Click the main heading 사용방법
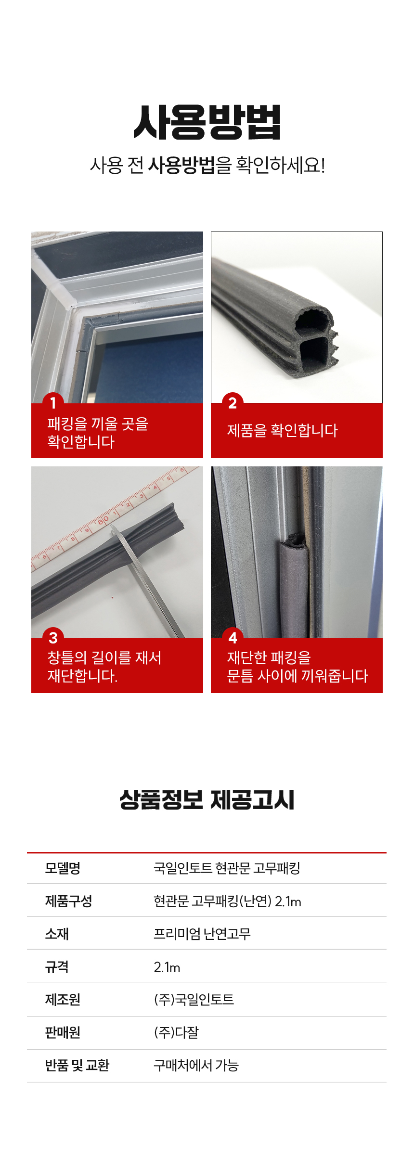click(x=207, y=123)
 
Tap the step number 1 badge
click(x=53, y=402)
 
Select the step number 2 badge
click(x=233, y=402)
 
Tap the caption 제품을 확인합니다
click(x=282, y=430)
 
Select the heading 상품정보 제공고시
click(x=207, y=800)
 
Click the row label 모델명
click(x=63, y=868)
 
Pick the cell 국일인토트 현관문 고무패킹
click(x=227, y=868)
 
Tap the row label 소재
click(x=57, y=934)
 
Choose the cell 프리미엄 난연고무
click(x=202, y=934)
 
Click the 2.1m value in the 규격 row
click(x=167, y=967)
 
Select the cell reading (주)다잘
click(x=176, y=1032)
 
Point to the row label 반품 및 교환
click(x=77, y=1065)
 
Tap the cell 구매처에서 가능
click(x=196, y=1065)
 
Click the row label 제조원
click(x=63, y=1000)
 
